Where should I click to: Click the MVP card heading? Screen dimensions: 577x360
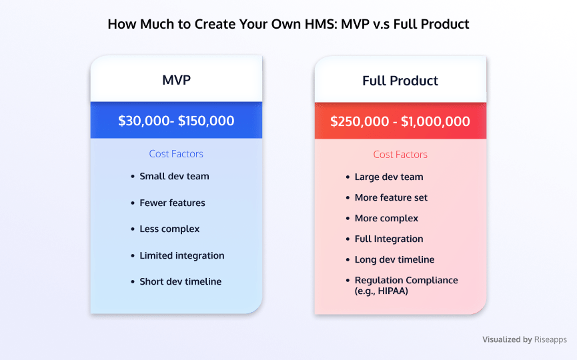click(x=176, y=80)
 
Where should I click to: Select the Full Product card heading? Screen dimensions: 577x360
click(x=400, y=81)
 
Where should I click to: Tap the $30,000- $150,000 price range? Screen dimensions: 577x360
click(x=176, y=121)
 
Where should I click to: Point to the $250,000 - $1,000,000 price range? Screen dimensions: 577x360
click(x=400, y=121)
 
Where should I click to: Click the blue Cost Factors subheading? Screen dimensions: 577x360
click(x=176, y=154)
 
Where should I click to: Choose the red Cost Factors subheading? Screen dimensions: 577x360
click(x=400, y=155)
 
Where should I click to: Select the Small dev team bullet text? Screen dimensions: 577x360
click(x=174, y=176)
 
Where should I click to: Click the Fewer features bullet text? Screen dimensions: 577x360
click(x=172, y=203)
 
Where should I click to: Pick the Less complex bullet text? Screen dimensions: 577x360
click(x=169, y=229)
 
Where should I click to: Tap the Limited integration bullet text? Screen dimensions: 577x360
click(x=182, y=255)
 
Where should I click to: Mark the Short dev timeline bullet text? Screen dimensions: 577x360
click(x=180, y=282)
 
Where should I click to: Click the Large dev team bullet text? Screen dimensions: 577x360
click(x=389, y=177)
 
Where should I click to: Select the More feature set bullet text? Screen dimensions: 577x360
click(x=391, y=197)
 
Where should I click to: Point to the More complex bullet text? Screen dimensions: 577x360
click(x=386, y=219)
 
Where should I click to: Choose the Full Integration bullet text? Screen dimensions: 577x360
click(x=389, y=239)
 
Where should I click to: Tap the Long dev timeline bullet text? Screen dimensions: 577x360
click(x=394, y=259)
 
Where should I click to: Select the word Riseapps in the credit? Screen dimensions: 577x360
click(x=550, y=339)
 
